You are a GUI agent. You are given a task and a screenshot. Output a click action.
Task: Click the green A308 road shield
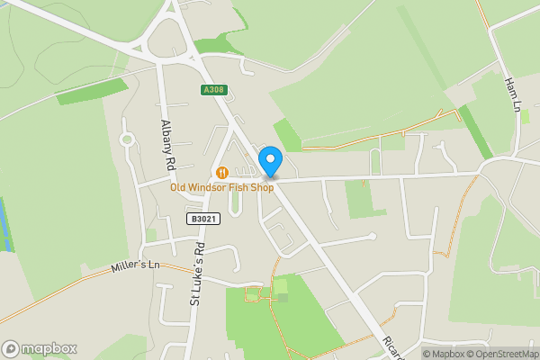[x=213, y=89]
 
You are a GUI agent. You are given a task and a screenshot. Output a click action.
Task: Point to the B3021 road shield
[x=203, y=219]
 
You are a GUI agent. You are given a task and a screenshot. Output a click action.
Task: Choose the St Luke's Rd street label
[x=197, y=273]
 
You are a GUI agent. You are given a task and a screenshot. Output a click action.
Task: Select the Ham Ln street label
[x=513, y=93]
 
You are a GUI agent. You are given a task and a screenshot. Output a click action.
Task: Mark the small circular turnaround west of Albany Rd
[x=127, y=140]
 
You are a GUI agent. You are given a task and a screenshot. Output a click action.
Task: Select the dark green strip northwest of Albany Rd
[x=93, y=91]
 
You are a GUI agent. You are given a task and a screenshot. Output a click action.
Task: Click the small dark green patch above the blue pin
[x=287, y=136]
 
